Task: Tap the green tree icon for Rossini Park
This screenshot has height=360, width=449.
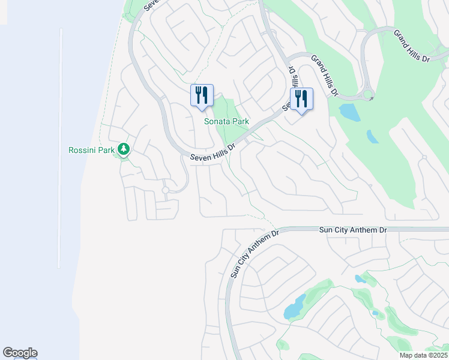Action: click(124, 149)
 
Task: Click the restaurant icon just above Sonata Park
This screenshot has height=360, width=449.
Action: click(202, 95)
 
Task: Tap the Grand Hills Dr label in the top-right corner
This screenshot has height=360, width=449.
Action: click(412, 46)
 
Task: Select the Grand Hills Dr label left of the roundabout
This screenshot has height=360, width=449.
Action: click(325, 76)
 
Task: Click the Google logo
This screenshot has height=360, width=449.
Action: click(20, 353)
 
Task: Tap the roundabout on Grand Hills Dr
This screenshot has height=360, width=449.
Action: click(368, 94)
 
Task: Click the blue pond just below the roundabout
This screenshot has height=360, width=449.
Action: click(348, 112)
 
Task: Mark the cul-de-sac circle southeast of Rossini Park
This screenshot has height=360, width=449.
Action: click(166, 190)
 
